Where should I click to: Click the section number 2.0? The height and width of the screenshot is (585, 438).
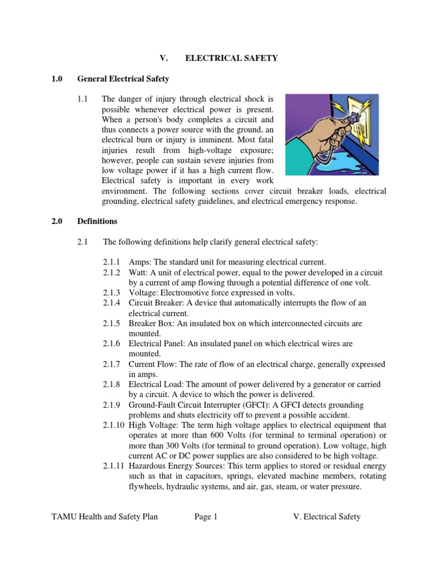pyautogui.click(x=57, y=221)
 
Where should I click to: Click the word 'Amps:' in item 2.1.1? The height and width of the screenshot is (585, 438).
pyautogui.click(x=140, y=261)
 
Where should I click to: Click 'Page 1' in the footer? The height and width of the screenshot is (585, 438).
pyautogui.click(x=206, y=517)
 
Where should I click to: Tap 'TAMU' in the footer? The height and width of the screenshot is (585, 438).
pyautogui.click(x=64, y=517)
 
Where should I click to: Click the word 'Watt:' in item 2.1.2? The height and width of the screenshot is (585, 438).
pyautogui.click(x=139, y=271)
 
